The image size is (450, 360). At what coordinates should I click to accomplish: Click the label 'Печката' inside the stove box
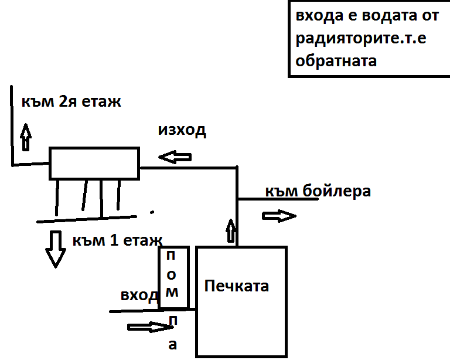click(237, 287)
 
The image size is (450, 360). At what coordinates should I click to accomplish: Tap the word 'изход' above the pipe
click(182, 130)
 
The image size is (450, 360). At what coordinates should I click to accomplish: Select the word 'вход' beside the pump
click(139, 294)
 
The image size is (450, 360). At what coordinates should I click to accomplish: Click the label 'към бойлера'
click(318, 191)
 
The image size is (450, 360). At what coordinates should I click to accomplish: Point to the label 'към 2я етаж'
click(71, 101)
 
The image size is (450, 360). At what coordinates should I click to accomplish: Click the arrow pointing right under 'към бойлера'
click(278, 216)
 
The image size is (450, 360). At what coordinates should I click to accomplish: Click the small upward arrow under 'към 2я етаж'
click(26, 137)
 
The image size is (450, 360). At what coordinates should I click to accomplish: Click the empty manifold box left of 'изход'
click(94, 163)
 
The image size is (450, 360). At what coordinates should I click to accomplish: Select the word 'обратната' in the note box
click(336, 60)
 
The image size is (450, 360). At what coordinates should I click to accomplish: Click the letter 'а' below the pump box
click(172, 345)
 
